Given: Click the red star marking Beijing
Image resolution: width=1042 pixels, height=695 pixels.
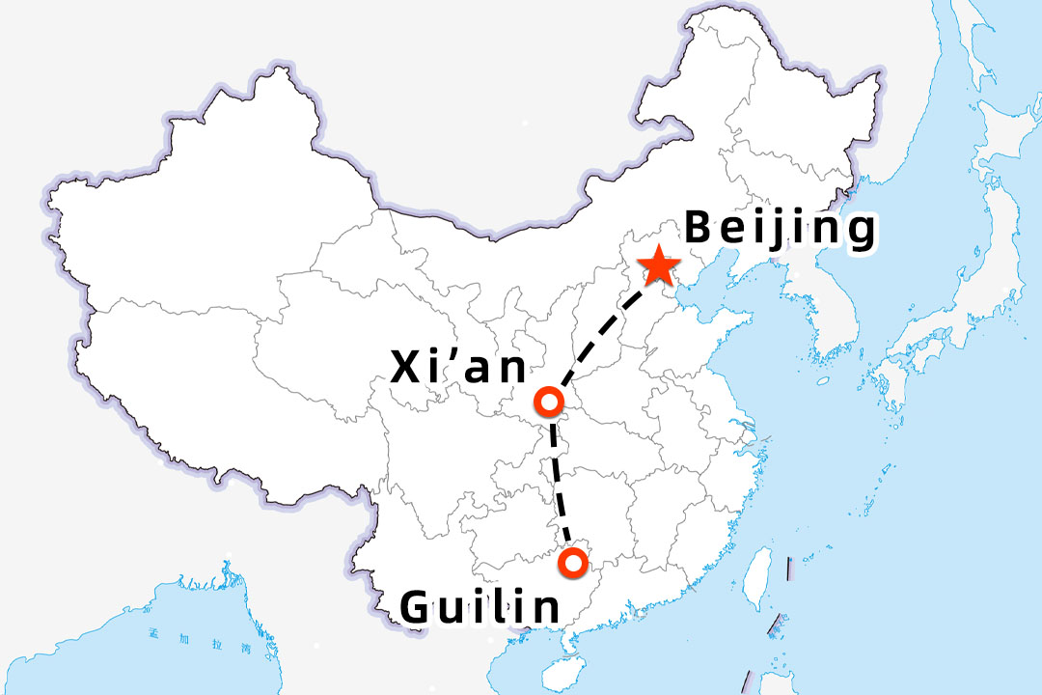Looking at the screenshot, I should tap(659, 265).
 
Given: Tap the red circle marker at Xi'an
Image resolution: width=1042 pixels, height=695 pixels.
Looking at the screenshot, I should tap(548, 401).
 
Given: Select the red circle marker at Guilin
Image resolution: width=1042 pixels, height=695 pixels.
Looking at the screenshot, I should tap(574, 561).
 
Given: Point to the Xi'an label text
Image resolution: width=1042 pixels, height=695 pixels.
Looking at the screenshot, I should tap(459, 368).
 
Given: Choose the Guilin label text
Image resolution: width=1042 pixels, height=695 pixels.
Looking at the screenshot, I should tap(480, 607).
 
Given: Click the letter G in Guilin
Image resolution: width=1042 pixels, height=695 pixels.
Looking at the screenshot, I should tap(416, 607).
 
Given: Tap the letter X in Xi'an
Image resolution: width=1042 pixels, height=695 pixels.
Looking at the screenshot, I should tap(407, 368).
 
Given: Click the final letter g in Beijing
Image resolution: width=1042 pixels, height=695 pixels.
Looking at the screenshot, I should tap(859, 235).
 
